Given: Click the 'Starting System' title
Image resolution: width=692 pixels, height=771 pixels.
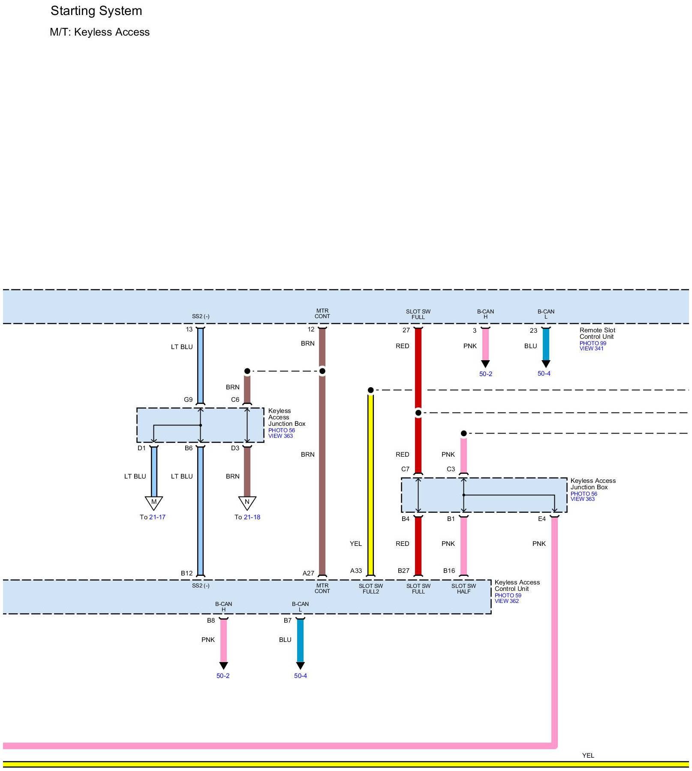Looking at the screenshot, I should point(96,11).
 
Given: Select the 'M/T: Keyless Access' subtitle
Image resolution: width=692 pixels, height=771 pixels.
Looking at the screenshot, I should point(99,32).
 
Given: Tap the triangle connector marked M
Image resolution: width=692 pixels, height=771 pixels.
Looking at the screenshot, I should point(154,502).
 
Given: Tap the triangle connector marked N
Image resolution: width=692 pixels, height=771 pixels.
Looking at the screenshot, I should point(247,502).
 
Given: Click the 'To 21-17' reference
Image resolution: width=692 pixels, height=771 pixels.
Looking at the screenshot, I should point(153,517).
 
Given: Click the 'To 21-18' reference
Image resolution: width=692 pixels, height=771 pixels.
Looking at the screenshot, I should point(247,517).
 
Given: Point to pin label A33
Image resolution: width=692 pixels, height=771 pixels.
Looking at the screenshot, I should point(356,571).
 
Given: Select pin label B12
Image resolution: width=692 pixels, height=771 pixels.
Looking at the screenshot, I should point(187,573).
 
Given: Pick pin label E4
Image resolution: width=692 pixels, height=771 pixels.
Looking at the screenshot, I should point(542,519).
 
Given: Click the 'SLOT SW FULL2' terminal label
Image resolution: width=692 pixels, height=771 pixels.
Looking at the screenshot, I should point(371,589).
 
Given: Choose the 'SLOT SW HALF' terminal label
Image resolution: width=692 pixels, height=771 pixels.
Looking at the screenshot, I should point(463,589).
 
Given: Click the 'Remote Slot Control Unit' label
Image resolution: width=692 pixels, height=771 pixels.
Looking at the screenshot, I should point(597,333).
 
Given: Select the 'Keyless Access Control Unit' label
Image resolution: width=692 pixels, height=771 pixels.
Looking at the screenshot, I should point(517,585).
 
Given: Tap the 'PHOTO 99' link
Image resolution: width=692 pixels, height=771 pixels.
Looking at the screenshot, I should point(593,343).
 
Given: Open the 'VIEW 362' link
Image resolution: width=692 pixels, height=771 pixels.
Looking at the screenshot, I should point(507,601).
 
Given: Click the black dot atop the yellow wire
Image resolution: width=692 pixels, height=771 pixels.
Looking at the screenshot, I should point(371,390).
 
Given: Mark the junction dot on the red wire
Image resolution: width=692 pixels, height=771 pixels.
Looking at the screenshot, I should point(418,413).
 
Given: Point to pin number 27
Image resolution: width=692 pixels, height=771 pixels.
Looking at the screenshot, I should point(406,330).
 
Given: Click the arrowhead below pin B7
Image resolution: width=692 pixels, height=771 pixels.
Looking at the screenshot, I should point(300,666).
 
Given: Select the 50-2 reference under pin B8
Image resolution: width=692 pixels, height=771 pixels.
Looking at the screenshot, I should point(223,676).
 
